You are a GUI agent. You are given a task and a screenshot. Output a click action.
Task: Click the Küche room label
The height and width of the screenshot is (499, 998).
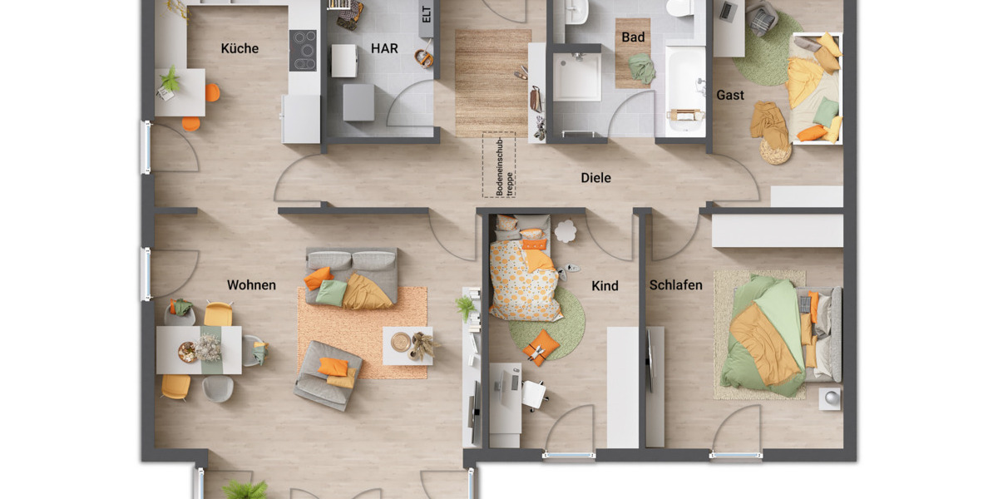240,48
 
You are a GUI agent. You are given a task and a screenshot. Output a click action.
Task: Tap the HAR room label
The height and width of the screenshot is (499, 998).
384,48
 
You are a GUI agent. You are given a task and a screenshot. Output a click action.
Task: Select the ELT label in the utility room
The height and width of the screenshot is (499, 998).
427,16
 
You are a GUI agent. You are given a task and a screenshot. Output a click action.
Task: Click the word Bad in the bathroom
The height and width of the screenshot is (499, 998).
633,37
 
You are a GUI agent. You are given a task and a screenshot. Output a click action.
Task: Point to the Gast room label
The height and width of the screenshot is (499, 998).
730,95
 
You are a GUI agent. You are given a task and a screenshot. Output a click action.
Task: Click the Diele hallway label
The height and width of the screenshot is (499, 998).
595,177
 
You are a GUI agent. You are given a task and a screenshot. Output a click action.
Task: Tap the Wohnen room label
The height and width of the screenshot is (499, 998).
251,285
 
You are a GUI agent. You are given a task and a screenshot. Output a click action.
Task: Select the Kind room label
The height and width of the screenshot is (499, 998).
605,286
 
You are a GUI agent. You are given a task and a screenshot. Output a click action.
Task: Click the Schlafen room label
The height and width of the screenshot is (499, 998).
675,285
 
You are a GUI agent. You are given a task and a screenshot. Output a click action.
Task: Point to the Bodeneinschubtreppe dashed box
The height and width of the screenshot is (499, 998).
499,165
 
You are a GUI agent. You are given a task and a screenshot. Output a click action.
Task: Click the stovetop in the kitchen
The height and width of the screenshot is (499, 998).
303,50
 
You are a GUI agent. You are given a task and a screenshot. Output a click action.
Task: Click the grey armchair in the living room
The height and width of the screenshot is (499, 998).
328,375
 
